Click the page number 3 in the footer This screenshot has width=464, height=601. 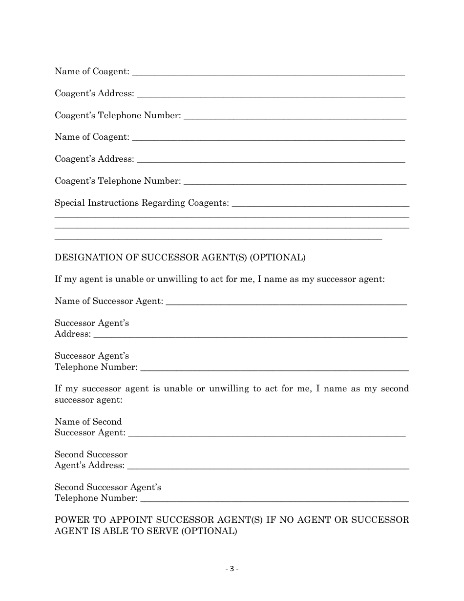[232, 569]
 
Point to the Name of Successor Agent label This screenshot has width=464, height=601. [108, 301]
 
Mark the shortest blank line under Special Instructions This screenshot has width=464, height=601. [218, 239]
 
